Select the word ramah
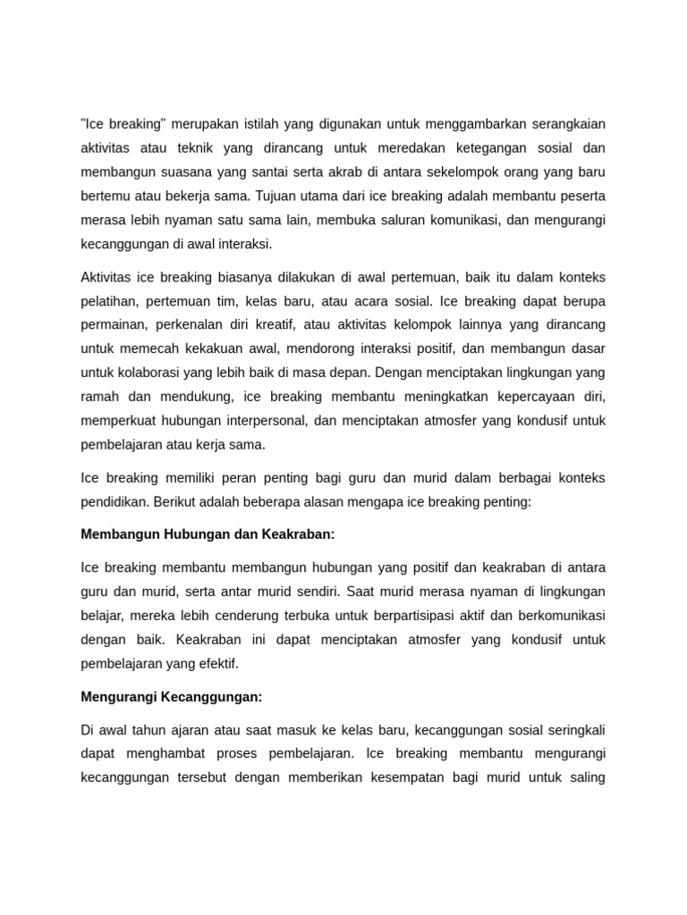pos(100,396)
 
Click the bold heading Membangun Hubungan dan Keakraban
pos(208,534)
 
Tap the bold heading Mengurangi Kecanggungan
pos(172,696)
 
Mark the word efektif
pos(216,664)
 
